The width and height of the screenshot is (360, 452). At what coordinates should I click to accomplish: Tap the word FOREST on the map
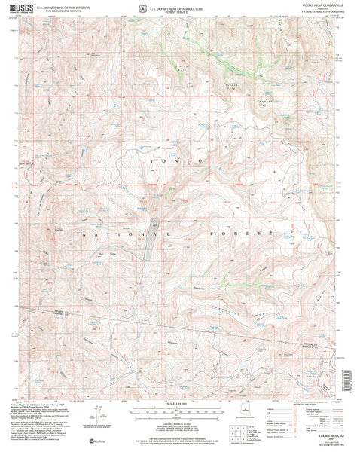(246, 235)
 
